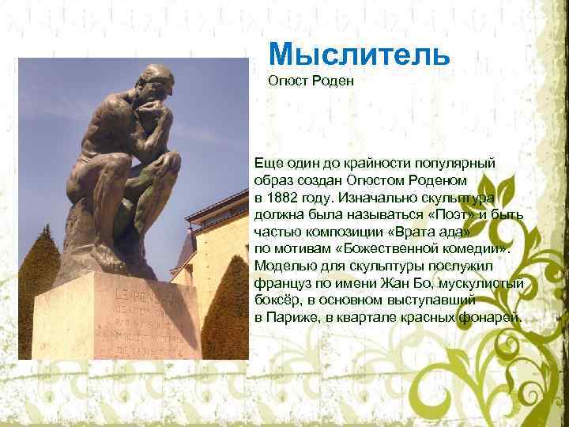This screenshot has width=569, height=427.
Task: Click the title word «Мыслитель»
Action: click(359, 54)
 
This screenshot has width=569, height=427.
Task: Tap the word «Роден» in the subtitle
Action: click(326, 80)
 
